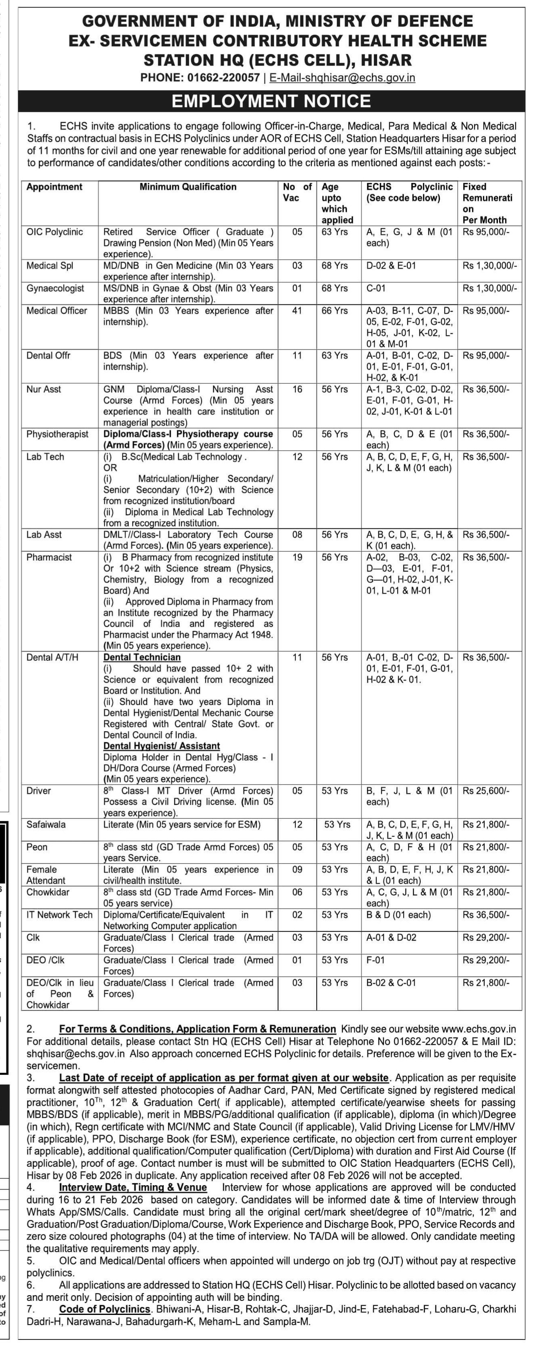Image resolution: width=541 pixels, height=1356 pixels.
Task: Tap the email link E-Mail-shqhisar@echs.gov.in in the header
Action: tap(342, 78)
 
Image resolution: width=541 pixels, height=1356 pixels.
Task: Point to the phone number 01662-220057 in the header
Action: tap(223, 78)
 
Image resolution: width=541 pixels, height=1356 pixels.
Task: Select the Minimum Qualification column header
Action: tap(188, 187)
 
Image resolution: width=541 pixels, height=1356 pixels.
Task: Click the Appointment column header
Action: tap(54, 187)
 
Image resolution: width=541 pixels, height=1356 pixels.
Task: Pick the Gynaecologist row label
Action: tap(55, 288)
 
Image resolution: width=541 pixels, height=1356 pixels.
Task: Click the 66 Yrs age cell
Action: tap(335, 311)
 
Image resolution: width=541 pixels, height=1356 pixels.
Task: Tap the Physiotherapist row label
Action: tap(58, 434)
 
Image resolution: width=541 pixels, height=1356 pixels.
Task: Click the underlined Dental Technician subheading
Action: tap(142, 657)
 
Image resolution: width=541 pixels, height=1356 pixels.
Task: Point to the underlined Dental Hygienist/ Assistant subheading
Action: tap(161, 746)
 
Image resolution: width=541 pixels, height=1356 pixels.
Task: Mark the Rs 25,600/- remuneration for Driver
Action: tap(486, 791)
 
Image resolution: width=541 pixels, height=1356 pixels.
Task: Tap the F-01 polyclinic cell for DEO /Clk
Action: tap(375, 960)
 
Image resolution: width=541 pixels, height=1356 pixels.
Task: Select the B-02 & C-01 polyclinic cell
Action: tap(391, 983)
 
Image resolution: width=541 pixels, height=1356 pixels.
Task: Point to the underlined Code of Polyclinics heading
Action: tap(105, 1308)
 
